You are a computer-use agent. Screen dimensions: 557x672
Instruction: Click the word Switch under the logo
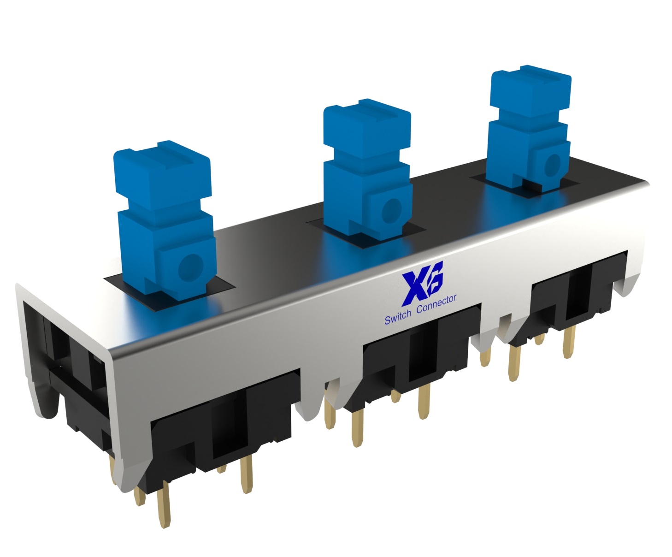(397, 318)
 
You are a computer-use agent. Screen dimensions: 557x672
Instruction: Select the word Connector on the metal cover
(436, 304)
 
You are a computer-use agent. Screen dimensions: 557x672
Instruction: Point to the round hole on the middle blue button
(391, 209)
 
